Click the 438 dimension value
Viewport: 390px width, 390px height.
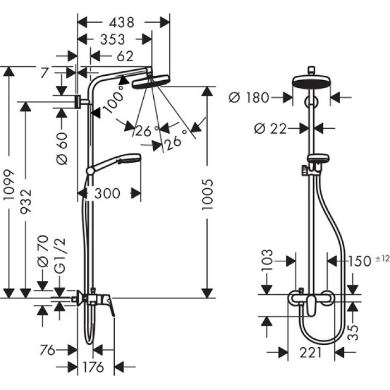coord(121,22)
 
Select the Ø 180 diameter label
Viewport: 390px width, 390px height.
coord(249,98)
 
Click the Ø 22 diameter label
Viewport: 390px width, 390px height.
coord(270,129)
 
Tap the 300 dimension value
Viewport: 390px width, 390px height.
coord(108,193)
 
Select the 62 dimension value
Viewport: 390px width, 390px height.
coord(126,56)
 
